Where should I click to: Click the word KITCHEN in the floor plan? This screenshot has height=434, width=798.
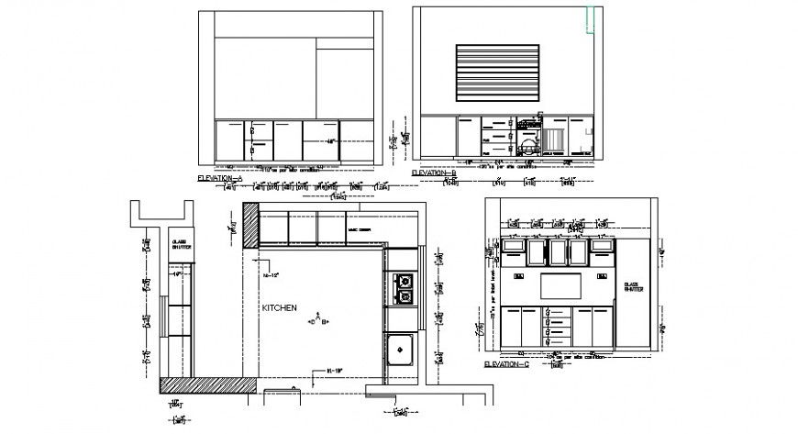click(x=280, y=309)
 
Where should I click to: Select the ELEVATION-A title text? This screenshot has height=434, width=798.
click(x=220, y=174)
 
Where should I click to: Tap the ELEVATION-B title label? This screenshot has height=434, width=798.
click(x=434, y=172)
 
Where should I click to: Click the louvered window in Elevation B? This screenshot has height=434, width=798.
click(x=501, y=72)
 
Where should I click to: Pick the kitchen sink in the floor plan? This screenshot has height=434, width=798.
click(x=402, y=349)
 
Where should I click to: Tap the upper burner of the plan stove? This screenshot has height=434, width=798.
click(x=403, y=280)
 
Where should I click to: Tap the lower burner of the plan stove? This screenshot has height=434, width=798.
click(x=403, y=295)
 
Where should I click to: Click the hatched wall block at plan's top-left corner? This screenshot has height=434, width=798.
click(x=250, y=225)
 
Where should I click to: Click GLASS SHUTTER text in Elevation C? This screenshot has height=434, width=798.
click(x=633, y=287)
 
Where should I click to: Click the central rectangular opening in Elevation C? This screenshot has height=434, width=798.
click(x=562, y=285)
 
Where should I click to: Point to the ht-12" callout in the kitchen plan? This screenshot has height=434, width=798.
click(x=270, y=274)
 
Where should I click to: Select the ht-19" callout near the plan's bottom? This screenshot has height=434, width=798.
click(x=335, y=371)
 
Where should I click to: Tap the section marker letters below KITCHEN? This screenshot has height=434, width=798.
click(x=319, y=321)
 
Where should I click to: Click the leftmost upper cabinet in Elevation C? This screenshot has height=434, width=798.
click(x=513, y=250)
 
